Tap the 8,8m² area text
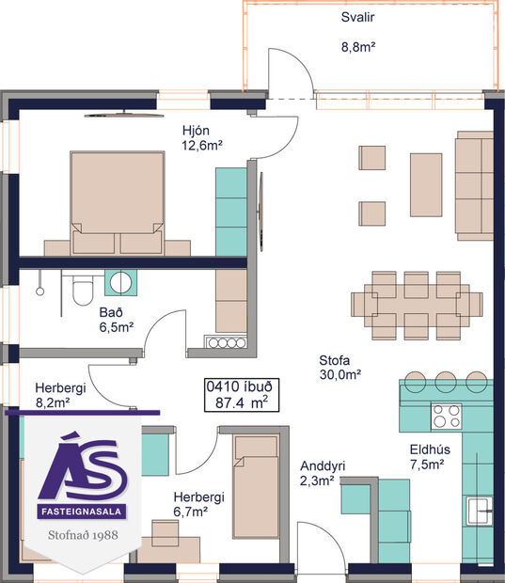tap(358, 45)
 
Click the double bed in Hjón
tap(117, 202)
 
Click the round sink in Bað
tap(120, 281)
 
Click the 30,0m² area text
tap(341, 374)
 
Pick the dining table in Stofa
tap(417, 304)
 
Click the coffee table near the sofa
tap(425, 185)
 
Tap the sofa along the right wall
tap(474, 184)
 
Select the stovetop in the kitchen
tap(446, 415)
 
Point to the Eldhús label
tap(431, 449)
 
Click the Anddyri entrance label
tap(322, 466)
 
